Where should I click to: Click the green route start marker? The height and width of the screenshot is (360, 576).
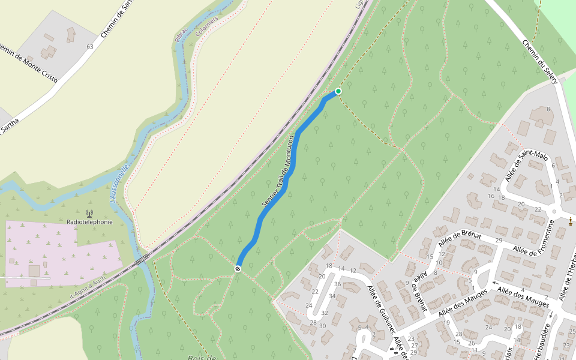click(x=338, y=91)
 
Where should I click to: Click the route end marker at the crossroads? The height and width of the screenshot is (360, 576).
click(x=238, y=269)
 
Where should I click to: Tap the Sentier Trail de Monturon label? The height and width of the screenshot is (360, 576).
click(x=277, y=172)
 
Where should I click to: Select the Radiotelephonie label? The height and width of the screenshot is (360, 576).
click(x=89, y=221)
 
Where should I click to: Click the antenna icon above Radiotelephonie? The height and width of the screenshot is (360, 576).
click(x=89, y=212)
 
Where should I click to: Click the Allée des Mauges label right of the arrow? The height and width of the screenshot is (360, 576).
click(x=523, y=296)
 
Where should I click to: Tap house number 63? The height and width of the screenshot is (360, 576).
click(x=91, y=46)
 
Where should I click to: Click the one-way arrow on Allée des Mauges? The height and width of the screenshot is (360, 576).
click(x=495, y=284)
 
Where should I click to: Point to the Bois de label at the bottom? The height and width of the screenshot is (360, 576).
click(x=202, y=358)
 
